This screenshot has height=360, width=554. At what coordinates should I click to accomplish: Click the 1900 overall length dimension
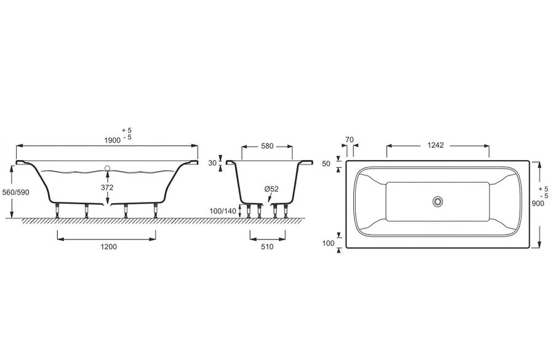pos(113,140)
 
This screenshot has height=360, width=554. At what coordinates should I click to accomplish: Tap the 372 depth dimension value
pos(107,188)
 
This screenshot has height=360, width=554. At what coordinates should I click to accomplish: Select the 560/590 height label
pos(15,193)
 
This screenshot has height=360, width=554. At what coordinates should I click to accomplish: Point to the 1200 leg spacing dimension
pos(109,247)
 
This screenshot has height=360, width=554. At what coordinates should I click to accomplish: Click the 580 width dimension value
pos(267,146)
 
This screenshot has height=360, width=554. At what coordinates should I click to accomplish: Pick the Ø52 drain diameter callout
pos(271,189)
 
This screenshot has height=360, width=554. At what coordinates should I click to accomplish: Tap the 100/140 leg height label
pos(223,211)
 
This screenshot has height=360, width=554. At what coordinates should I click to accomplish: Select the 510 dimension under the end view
pos(267,247)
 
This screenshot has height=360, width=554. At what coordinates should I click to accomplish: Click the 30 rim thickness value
pos(212,163)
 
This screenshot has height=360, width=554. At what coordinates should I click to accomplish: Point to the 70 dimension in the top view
pos(350,140)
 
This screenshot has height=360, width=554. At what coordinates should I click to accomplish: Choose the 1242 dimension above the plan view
pos(436,145)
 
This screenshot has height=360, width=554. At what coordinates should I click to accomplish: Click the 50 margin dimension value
pos(326,164)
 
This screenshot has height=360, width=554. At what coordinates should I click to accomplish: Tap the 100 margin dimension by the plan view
pos(328,243)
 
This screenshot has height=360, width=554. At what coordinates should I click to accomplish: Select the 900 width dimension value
pos(538,204)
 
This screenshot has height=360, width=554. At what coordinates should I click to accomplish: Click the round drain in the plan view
pos(438,202)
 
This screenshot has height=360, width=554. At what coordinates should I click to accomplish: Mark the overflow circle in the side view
pos(107,168)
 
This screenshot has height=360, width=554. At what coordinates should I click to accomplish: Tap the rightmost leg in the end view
pos(286,211)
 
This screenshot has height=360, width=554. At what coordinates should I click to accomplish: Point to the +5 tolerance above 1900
pos(127,130)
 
